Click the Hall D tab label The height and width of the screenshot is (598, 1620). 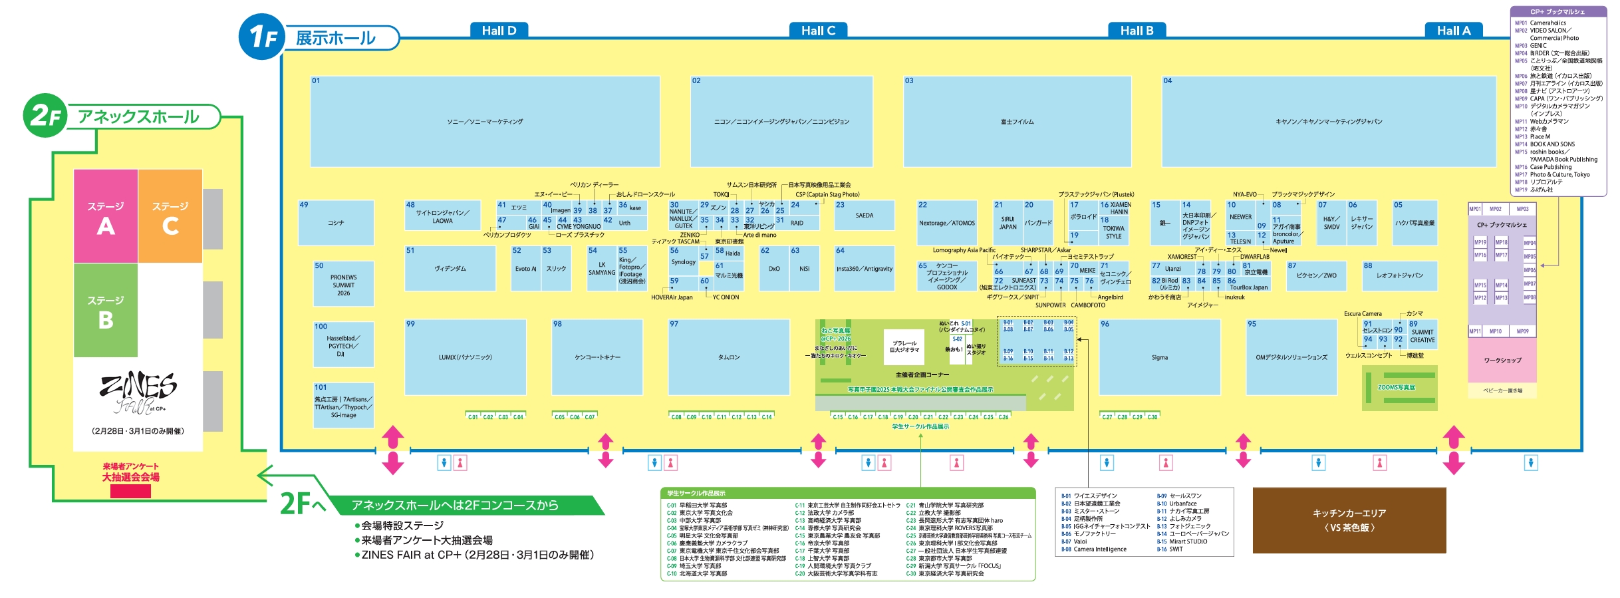pos(499,31)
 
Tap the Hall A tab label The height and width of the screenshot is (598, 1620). pos(1453,31)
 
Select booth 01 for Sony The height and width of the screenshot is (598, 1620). pos(485,121)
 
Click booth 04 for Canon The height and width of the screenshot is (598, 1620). pos(1328,121)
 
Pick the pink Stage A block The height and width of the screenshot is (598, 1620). pos(106,216)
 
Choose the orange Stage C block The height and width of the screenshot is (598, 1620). pos(170,216)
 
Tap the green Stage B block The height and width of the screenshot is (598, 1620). pos(106,311)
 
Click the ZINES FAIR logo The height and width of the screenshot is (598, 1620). pos(138,392)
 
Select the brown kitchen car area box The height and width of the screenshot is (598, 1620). pos(1349,520)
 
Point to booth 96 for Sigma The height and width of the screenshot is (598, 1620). pos(1160,357)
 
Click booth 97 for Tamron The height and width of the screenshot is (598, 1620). pos(729,357)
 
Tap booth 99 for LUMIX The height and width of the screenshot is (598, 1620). pos(465,357)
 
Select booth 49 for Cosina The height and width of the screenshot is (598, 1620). pos(336,223)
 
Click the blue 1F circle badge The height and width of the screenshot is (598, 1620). pos(261,37)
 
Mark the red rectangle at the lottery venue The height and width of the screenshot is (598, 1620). pos(130,491)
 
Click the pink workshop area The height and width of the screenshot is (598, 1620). pos(1502,360)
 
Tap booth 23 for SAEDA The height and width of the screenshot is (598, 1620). pos(864,216)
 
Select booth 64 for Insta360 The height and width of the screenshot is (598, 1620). pos(864,269)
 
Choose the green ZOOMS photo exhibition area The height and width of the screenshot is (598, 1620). pos(1399,387)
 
